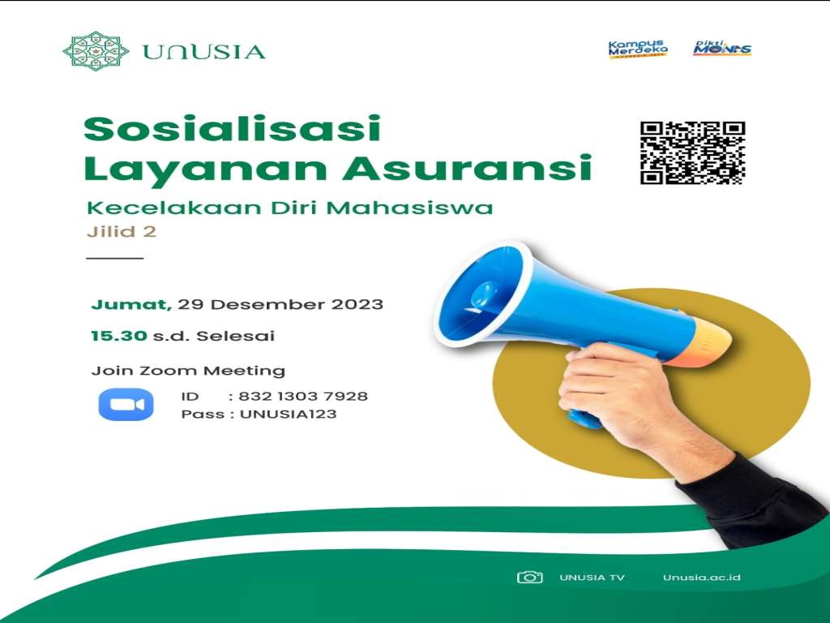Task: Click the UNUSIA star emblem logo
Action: click(x=95, y=51)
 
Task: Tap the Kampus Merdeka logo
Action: click(x=637, y=49)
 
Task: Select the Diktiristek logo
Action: click(x=722, y=48)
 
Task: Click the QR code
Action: click(x=692, y=153)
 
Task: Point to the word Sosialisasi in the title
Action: click(x=232, y=129)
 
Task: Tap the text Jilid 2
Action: click(x=121, y=231)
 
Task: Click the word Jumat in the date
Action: click(x=130, y=305)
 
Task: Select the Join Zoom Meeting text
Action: click(x=188, y=371)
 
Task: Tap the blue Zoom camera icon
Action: click(x=126, y=405)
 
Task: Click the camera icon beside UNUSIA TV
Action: click(x=529, y=577)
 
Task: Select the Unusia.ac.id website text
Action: click(x=701, y=578)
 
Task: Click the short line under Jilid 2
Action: click(x=114, y=258)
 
